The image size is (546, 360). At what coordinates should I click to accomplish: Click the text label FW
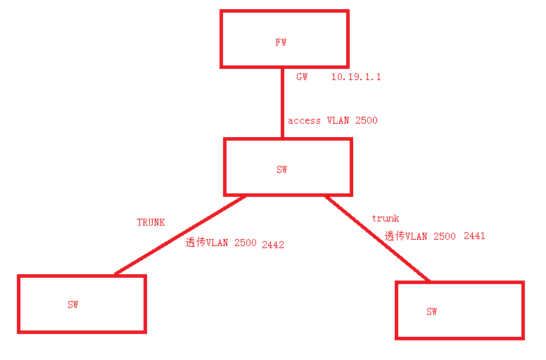(x=281, y=43)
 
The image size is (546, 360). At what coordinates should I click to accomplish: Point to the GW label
(x=302, y=77)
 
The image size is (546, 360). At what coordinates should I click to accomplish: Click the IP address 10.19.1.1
(x=356, y=77)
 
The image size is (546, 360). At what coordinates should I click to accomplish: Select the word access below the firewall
(x=304, y=120)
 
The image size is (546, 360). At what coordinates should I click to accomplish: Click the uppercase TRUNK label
(x=151, y=222)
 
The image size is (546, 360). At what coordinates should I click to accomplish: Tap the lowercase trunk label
(x=385, y=219)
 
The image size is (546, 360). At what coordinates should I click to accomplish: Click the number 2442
(x=272, y=245)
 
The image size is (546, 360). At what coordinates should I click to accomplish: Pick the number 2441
(x=474, y=236)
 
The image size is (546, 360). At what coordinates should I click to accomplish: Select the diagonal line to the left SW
(x=179, y=235)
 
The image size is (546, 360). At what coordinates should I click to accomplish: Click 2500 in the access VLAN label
(x=366, y=120)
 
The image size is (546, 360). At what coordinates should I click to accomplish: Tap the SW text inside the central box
(x=281, y=169)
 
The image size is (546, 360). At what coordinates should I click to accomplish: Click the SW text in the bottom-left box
(x=72, y=304)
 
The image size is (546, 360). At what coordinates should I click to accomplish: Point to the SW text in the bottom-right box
(x=431, y=311)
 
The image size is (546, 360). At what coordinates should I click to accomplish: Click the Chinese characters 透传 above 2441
(x=394, y=236)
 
